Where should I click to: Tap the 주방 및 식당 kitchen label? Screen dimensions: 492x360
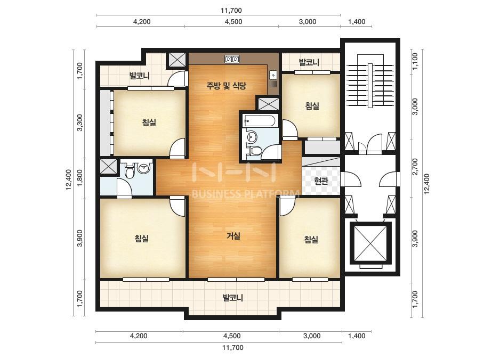coord(226,85)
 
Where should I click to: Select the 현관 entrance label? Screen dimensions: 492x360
coord(321,181)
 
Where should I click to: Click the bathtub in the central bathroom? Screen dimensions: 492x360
coord(260,120)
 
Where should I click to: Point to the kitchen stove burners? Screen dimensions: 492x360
coord(232,59)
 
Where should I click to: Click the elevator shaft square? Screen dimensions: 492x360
coord(370,243)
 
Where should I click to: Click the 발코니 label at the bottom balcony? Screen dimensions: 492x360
coord(233,297)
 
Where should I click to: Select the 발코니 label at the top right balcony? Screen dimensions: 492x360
coord(309,62)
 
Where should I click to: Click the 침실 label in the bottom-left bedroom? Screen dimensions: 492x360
coord(141,239)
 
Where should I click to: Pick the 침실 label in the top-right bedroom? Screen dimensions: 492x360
coord(312,105)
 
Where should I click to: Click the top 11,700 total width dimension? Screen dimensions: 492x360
coord(231,10)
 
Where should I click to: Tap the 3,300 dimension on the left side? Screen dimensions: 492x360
coord(80,122)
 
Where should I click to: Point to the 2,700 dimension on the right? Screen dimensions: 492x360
coord(415,167)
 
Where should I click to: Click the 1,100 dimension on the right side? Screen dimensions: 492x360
coord(415,61)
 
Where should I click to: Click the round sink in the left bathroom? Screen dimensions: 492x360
coord(144,168)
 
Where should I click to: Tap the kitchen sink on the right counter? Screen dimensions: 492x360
coord(273,75)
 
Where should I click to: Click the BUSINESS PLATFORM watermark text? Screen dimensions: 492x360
coord(245,194)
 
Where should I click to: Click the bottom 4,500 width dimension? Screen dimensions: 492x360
coord(232,336)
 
